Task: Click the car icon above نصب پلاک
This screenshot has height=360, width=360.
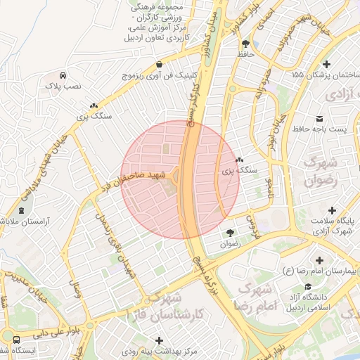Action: (63, 75)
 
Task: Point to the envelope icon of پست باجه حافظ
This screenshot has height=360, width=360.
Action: (321, 117)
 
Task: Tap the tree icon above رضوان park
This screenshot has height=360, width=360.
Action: (230, 233)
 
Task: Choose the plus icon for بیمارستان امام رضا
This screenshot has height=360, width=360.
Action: (321, 260)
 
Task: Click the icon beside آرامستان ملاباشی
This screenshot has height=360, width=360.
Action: (21, 210)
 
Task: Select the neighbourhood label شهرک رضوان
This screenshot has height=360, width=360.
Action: (321, 171)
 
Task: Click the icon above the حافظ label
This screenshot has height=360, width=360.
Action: (245, 44)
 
